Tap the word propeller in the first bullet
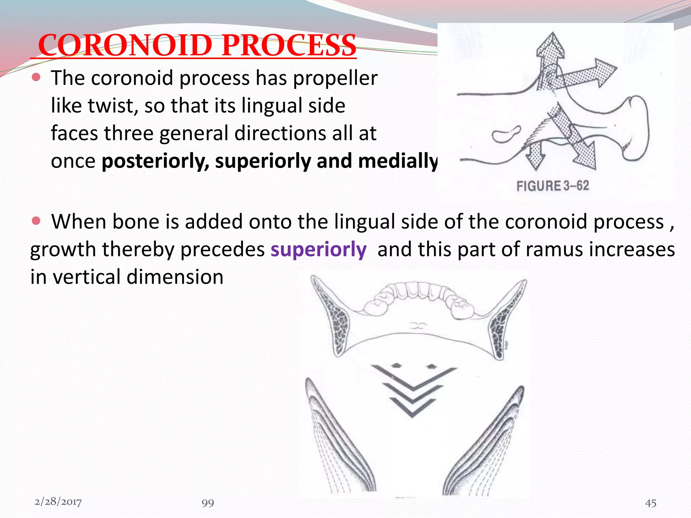(335, 78)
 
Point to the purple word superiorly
(318, 250)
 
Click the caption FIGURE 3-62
(552, 186)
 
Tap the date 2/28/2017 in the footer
(58, 502)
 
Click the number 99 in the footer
(208, 503)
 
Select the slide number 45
(651, 503)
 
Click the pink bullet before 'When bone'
(36, 221)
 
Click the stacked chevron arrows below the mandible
(413, 391)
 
